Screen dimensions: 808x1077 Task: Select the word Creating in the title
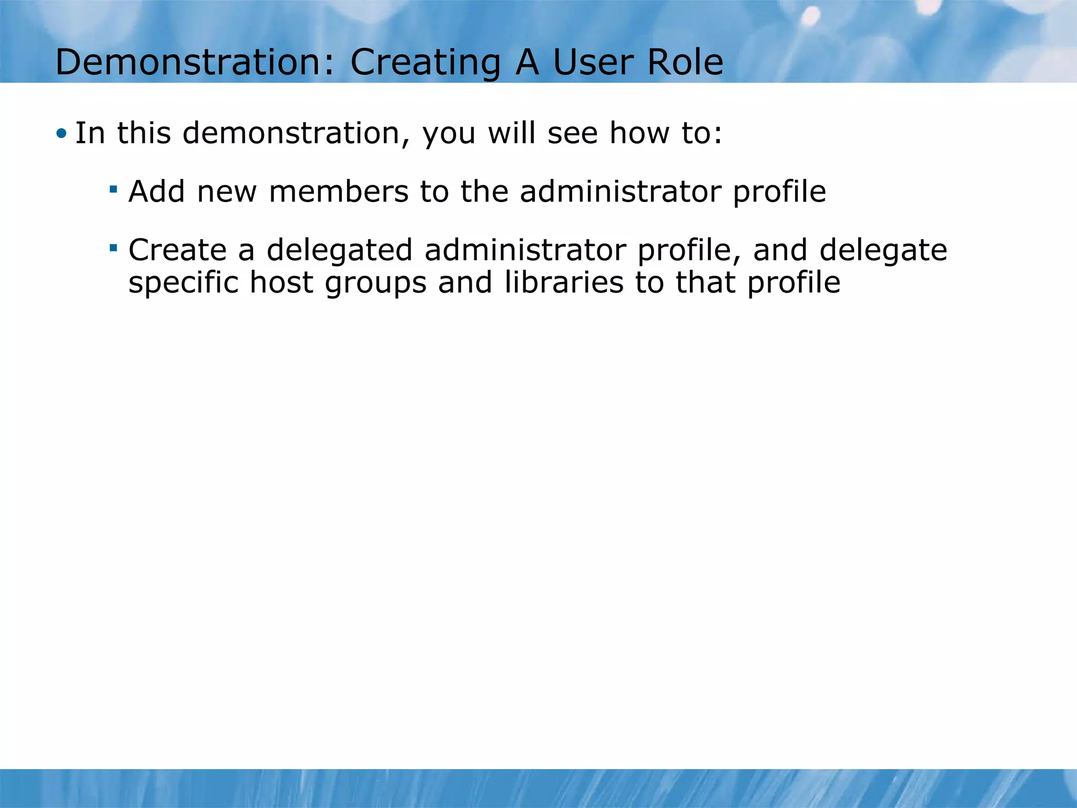(425, 63)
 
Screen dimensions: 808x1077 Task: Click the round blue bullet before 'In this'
(62, 134)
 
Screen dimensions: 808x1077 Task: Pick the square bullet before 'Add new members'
(113, 187)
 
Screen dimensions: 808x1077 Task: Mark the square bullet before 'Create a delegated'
(113, 246)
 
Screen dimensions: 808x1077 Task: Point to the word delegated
(339, 250)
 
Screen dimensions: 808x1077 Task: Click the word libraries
(563, 282)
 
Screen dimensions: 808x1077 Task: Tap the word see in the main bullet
(572, 134)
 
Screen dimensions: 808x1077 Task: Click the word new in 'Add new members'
(227, 192)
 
